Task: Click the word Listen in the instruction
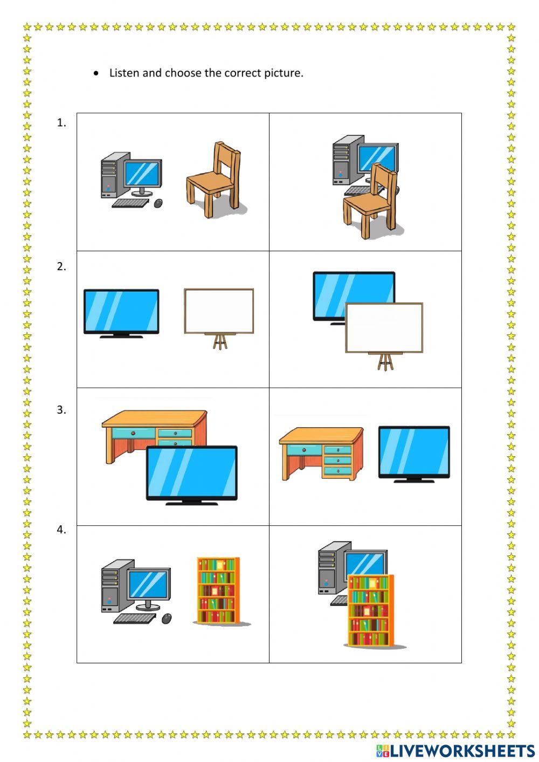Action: pos(124,73)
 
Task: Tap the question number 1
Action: pos(61,123)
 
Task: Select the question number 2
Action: pos(61,266)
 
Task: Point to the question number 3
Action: pos(61,410)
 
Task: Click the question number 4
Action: pos(61,530)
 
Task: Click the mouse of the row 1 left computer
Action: pos(158,203)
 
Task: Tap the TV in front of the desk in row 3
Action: pos(192,473)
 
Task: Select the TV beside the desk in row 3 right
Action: pos(414,453)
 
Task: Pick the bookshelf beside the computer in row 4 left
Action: pos(218,591)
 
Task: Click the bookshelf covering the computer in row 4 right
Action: pos(370,609)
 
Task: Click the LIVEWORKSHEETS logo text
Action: pos(461,751)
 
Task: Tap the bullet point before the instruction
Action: pos(96,73)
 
